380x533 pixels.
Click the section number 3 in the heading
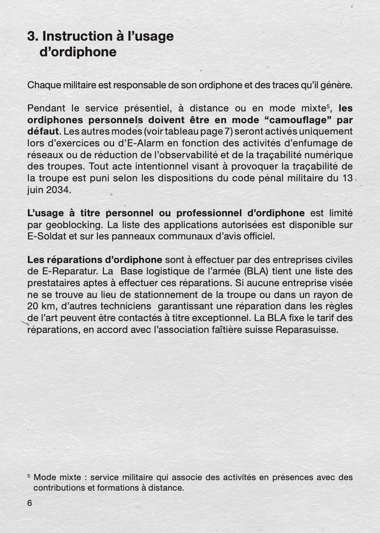click(x=31, y=36)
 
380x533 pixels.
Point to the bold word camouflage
click(x=299, y=120)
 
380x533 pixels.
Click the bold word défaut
click(x=42, y=132)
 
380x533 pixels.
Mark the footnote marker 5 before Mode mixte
click(x=29, y=475)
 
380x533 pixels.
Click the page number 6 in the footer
click(x=30, y=503)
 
